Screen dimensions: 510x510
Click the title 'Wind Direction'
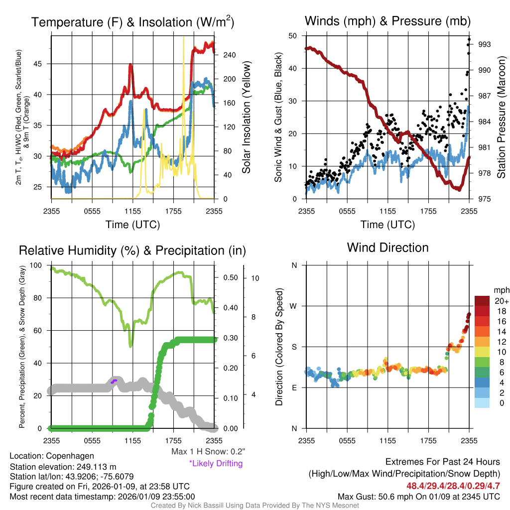387,248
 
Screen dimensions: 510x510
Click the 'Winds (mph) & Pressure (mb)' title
387,21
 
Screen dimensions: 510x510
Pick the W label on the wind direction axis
294,306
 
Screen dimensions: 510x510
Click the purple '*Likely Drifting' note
216,463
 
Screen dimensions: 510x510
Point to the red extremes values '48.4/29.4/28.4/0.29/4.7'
453,486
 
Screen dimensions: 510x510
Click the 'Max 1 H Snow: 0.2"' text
208,452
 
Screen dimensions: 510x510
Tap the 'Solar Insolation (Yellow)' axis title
247,118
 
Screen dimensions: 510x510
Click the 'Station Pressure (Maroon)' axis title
502,118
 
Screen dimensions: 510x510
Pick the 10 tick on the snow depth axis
254,278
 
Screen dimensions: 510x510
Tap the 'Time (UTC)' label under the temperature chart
133,225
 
